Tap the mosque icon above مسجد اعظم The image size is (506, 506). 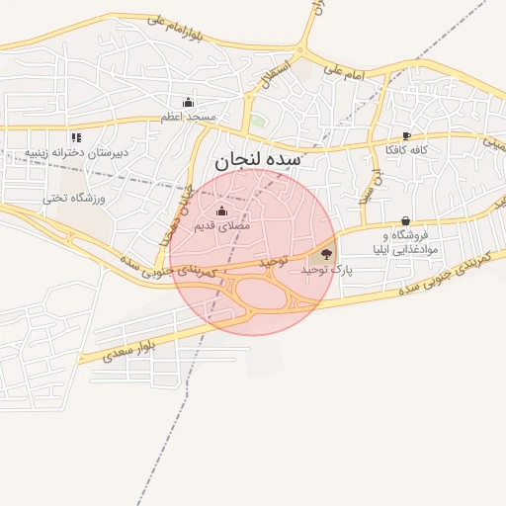pyautogui.click(x=188, y=103)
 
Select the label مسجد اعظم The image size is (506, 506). pyautogui.click(x=189, y=118)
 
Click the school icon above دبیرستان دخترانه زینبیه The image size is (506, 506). pyautogui.click(x=76, y=137)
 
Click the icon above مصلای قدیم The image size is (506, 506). pyautogui.click(x=221, y=211)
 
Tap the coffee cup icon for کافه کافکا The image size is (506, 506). pyautogui.click(x=406, y=136)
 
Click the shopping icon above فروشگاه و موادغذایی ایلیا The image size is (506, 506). pyautogui.click(x=405, y=221)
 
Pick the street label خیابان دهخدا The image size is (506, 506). pyautogui.click(x=173, y=213)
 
